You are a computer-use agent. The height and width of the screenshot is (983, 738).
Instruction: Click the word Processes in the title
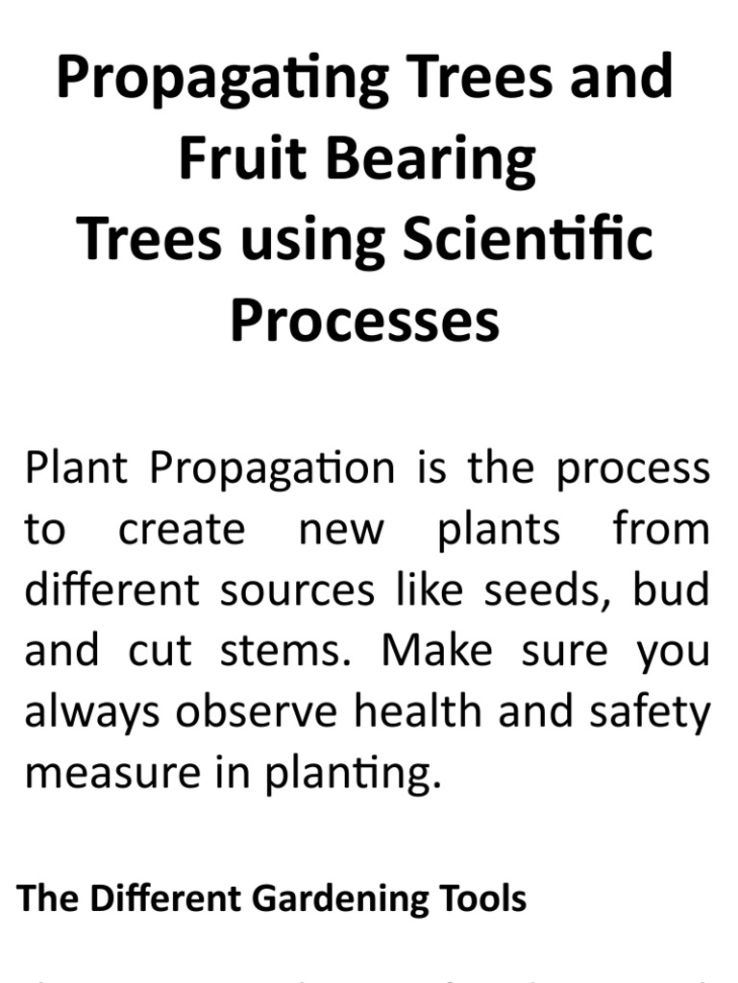pos(365,320)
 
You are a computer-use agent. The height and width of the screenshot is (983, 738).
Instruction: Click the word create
pos(182,529)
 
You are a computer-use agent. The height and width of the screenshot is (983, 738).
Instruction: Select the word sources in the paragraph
pos(297,589)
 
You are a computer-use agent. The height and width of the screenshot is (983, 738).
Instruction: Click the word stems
pos(287,650)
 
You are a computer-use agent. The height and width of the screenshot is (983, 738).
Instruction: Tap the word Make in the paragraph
pos(437,650)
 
